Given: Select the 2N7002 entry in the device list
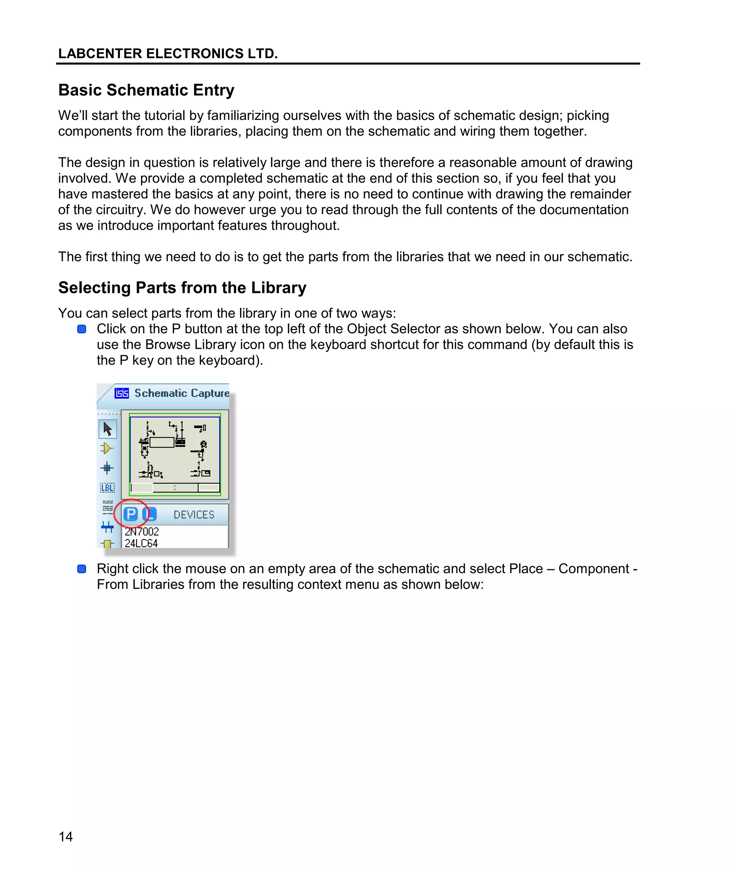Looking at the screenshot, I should pos(142,532).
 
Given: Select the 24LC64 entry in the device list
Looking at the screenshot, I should pos(141,543).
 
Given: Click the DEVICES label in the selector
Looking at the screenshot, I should pos(194,514).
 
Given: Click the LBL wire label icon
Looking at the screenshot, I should pos(108,487).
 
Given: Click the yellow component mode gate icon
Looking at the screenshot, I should pos(107,448).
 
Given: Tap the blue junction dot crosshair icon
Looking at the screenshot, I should pos(107,468).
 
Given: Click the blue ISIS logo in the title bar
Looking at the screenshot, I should pos(122,393).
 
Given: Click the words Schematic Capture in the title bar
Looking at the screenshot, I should pos(182,393).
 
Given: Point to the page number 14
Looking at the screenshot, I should pos(66,837).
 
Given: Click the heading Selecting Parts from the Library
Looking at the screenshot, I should pos(182,288).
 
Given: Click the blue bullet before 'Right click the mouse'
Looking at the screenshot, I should pos(82,569).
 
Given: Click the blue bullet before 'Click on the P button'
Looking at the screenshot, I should pos(82,329).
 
